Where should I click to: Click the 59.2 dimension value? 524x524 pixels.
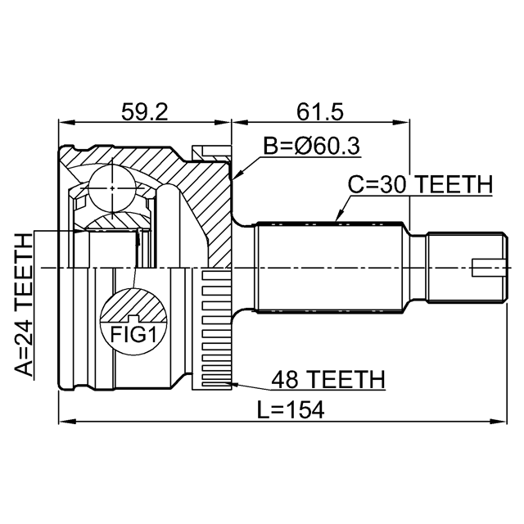pyautogui.click(x=144, y=112)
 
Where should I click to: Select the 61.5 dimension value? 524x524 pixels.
pyautogui.click(x=320, y=112)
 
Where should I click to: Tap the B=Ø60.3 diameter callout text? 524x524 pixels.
pyautogui.click(x=311, y=146)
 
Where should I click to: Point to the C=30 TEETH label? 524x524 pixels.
pyautogui.click(x=420, y=184)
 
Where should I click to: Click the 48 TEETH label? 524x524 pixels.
pyautogui.click(x=328, y=379)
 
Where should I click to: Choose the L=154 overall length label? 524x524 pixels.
pyautogui.click(x=291, y=409)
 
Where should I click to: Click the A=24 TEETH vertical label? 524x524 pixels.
pyautogui.click(x=24, y=305)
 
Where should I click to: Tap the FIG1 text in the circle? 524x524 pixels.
pyautogui.click(x=133, y=335)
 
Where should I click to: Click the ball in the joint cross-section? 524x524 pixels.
pyautogui.click(x=112, y=188)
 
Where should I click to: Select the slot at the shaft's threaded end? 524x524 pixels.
pyautogui.click(x=489, y=268)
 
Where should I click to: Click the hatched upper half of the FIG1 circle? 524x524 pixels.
pyautogui.click(x=133, y=305)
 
